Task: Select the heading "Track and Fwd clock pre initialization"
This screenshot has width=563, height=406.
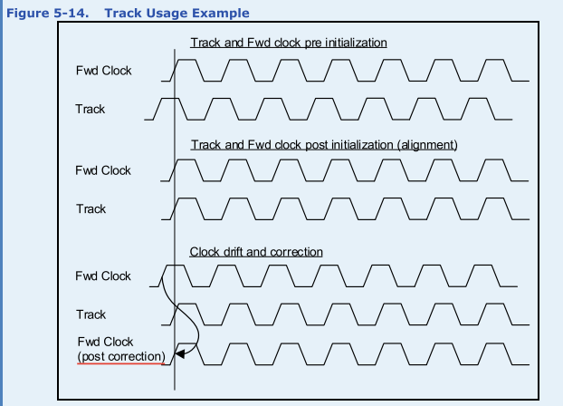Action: [289, 43]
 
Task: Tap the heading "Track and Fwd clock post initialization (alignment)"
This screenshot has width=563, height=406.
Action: [322, 144]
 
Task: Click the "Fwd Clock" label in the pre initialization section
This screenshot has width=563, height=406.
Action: [103, 70]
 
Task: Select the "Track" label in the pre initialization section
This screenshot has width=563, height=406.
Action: [90, 109]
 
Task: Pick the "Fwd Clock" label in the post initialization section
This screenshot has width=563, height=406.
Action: [103, 170]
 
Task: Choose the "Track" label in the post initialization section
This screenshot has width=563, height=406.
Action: [90, 209]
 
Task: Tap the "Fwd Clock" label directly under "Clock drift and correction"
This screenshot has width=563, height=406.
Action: [103, 276]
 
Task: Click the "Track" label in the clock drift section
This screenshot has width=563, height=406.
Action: [90, 315]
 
